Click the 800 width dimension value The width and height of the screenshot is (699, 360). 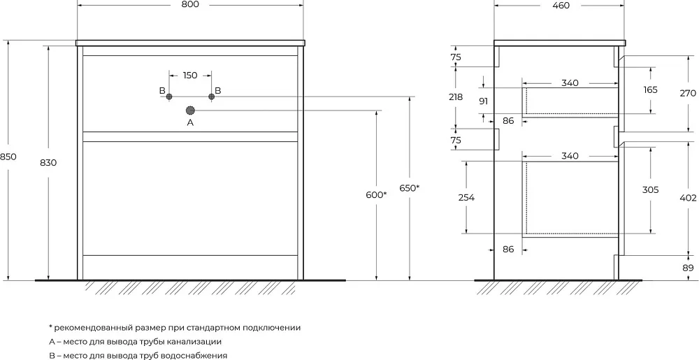click(190, 4)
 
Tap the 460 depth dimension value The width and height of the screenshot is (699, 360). click(561, 6)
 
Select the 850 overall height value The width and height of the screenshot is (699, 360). click(8, 157)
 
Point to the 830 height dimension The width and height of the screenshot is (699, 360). click(49, 163)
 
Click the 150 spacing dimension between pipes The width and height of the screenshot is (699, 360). click(190, 75)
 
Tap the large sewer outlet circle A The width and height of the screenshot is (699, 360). click(190, 110)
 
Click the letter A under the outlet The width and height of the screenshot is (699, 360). click(190, 122)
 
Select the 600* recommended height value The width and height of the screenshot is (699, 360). click(377, 195)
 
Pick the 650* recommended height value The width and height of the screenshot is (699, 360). click(410, 189)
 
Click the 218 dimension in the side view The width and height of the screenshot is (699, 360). click(455, 96)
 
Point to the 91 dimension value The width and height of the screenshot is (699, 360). click(483, 101)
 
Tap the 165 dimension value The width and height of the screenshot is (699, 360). click(650, 89)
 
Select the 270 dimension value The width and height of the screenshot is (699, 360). click(688, 94)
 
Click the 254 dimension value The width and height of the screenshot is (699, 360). click(466, 197)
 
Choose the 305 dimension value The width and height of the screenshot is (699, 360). click(650, 190)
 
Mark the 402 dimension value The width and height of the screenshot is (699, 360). click(688, 198)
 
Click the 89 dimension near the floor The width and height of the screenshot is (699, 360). click(689, 268)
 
